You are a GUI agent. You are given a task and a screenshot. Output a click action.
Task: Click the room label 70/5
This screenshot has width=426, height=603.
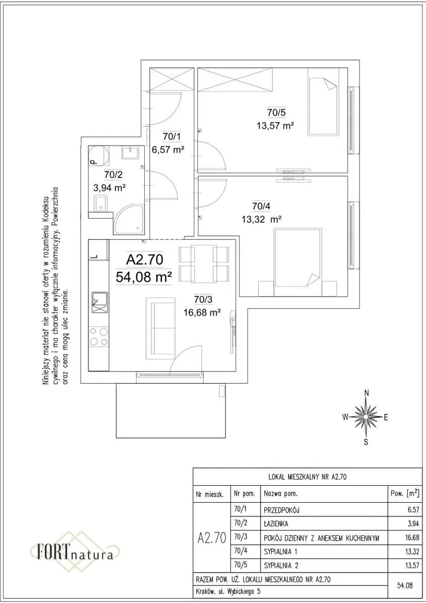pyautogui.click(x=276, y=112)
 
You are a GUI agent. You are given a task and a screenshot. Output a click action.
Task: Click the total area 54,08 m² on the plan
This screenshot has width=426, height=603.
pyautogui.click(x=144, y=276)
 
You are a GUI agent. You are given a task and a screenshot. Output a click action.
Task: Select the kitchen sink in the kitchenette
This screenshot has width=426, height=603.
pyautogui.click(x=98, y=301)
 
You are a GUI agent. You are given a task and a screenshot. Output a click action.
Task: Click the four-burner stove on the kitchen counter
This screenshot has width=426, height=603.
pyautogui.click(x=98, y=337)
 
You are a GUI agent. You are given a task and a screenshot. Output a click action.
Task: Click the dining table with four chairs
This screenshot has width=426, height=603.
pyautogui.click(x=203, y=263)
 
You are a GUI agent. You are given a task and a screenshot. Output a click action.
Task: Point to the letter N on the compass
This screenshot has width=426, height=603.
pyautogui.click(x=366, y=393)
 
